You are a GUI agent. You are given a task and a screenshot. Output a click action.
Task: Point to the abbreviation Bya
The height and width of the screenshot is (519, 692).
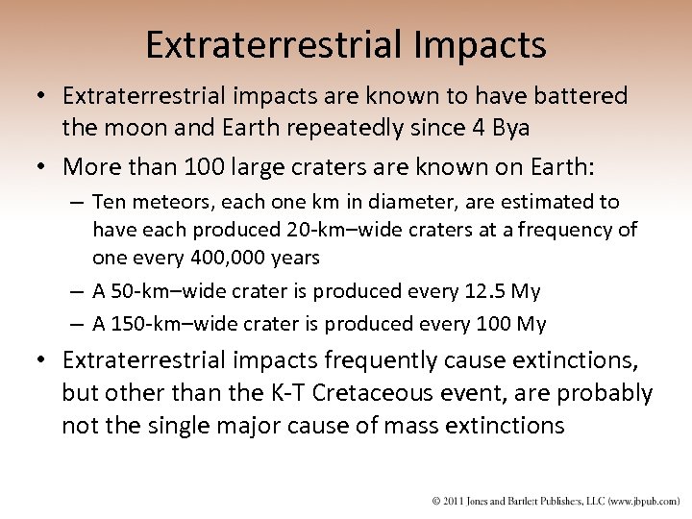pyautogui.click(x=512, y=127)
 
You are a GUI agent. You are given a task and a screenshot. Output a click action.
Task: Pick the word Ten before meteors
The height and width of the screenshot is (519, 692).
pyautogui.click(x=111, y=202)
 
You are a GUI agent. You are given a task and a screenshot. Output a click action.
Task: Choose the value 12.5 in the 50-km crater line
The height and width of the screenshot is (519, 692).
pyautogui.click(x=482, y=290)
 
